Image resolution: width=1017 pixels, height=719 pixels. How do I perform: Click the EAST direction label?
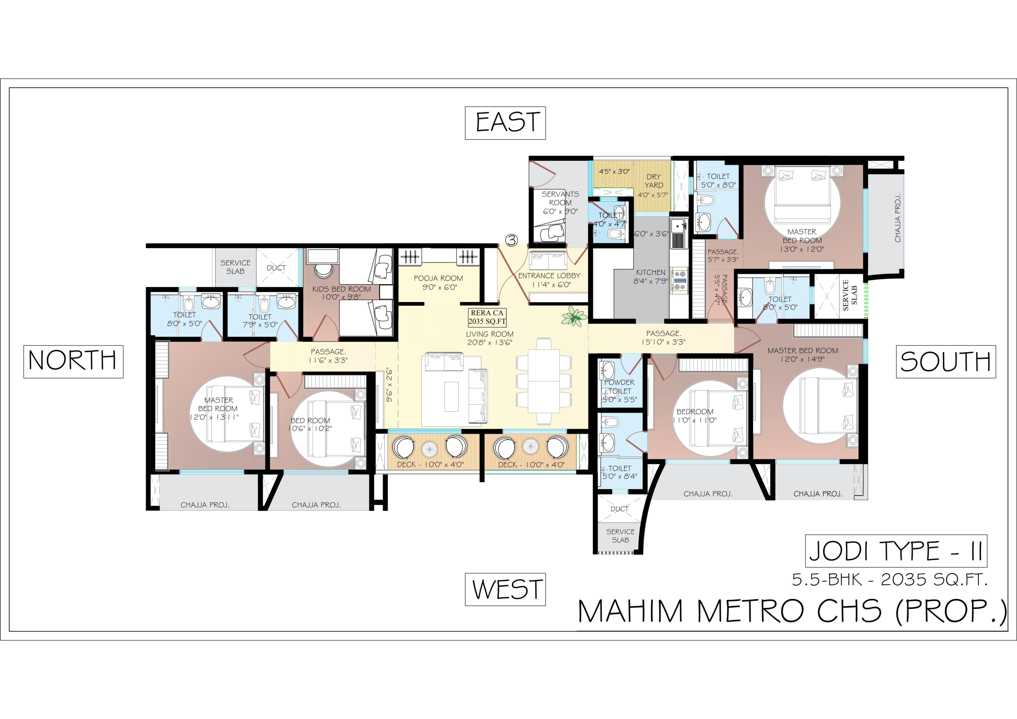[x=505, y=123]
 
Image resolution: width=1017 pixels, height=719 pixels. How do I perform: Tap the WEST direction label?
[x=505, y=589]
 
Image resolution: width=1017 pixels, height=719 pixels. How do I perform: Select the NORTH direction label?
[x=73, y=362]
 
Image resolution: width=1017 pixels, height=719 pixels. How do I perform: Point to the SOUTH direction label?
[x=945, y=362]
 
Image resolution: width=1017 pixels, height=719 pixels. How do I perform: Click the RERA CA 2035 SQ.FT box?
[x=487, y=317]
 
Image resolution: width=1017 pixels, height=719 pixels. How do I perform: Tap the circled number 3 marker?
[x=512, y=241]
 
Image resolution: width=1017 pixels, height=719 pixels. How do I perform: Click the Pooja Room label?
[x=438, y=282]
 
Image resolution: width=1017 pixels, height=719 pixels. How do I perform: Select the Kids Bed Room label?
[x=342, y=293]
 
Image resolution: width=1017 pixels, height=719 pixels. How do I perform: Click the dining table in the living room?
[x=543, y=381]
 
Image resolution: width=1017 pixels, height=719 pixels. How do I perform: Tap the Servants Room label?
[x=560, y=203]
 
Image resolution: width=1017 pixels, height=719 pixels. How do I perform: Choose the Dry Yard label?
[x=654, y=185]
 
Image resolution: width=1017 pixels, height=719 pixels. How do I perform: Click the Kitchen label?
[x=650, y=276]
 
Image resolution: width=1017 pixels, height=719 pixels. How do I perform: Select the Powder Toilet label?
[x=619, y=391]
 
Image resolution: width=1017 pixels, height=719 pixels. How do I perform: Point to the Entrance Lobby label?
[x=549, y=280]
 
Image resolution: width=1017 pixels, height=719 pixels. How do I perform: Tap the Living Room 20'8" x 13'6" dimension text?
[x=490, y=342]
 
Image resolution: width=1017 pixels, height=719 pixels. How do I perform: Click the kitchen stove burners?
[x=679, y=280]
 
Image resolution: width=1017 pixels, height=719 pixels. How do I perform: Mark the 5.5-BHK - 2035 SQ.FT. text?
[x=890, y=580]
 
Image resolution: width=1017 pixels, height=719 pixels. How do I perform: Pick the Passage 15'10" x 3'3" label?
[x=663, y=337]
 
